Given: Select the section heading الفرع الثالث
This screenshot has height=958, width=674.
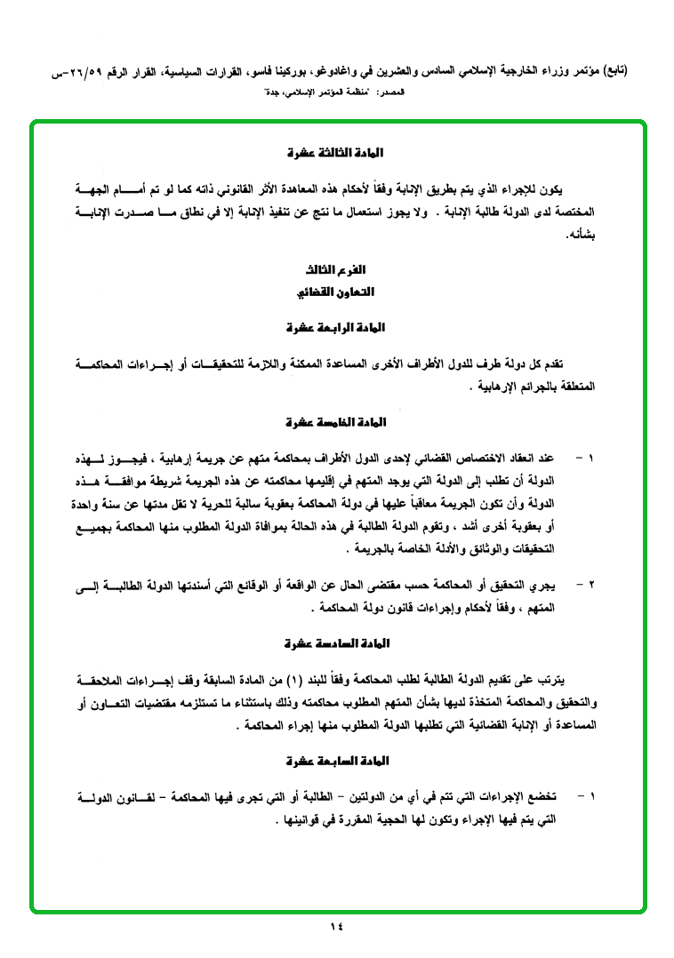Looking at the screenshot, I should (x=337, y=268).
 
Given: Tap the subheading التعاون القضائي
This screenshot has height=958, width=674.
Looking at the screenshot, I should (x=337, y=291).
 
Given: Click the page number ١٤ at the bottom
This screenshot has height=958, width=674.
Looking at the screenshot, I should (x=336, y=927).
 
